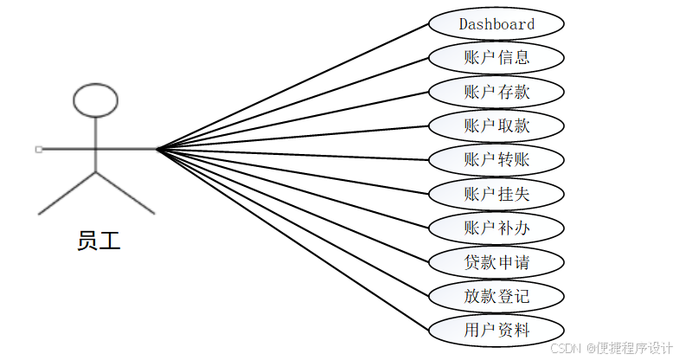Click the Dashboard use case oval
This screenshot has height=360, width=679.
tap(496, 24)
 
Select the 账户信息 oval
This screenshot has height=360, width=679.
tap(496, 58)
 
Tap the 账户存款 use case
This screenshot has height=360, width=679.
tap(496, 92)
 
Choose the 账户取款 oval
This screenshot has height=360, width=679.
tap(496, 125)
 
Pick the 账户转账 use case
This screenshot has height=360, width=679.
tap(496, 159)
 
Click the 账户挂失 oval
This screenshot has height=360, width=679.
tap(496, 193)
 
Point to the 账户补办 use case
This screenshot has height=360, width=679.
tap(496, 228)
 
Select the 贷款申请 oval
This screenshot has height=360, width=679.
tap(496, 261)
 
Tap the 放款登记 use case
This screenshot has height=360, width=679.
tap(496, 296)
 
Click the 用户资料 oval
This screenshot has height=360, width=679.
tap(496, 330)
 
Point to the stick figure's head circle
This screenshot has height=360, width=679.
tap(95, 100)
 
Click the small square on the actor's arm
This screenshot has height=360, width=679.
tap(39, 149)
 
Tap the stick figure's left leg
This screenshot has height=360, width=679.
tap(67, 193)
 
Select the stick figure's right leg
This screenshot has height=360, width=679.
tap(125, 193)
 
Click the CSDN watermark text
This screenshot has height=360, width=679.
tap(566, 348)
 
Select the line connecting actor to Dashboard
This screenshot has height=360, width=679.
tap(294, 86)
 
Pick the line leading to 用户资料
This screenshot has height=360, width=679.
tap(294, 240)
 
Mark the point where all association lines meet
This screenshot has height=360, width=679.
tap(157, 149)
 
